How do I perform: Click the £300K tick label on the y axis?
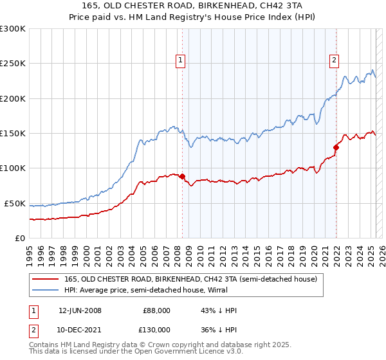pyautogui.click(x=12, y=29)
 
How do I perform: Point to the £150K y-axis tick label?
pyautogui.click(x=12, y=134)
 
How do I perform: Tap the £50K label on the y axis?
pyautogui.click(x=15, y=203)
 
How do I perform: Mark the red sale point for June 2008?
pyautogui.click(x=182, y=176)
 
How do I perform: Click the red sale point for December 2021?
pyautogui.click(x=336, y=147)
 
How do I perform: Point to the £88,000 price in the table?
pyautogui.click(x=156, y=310)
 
